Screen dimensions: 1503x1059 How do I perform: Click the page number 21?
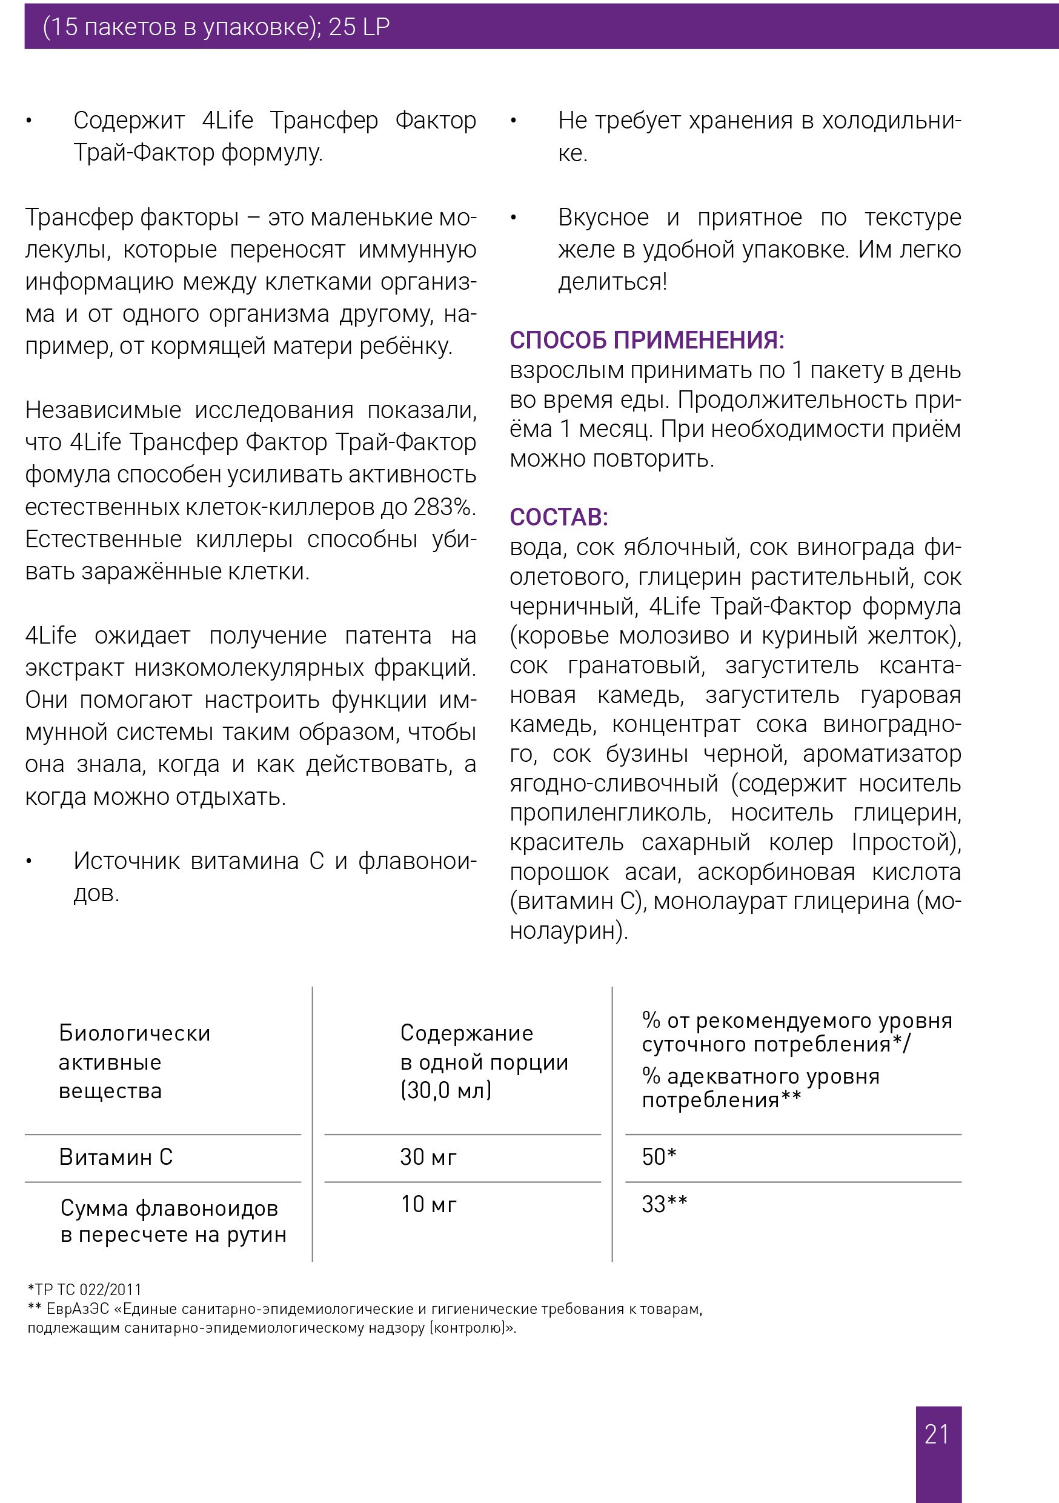pyautogui.click(x=937, y=1435)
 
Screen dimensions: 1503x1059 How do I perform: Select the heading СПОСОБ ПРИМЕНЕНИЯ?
pyautogui.click(x=646, y=341)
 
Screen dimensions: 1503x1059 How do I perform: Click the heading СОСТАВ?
pyautogui.click(x=559, y=517)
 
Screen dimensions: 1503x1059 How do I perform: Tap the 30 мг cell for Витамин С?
pyautogui.click(x=428, y=1157)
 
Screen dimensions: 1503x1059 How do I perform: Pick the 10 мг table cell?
pyautogui.click(x=428, y=1204)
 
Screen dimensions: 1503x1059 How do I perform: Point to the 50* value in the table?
pyautogui.click(x=659, y=1157)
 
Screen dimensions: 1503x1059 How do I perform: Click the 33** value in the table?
pyautogui.click(x=663, y=1204)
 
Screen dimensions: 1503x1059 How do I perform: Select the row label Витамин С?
pyautogui.click(x=115, y=1157)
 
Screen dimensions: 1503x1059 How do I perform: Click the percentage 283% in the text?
pyautogui.click(x=443, y=507)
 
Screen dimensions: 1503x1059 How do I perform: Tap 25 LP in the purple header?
pyautogui.click(x=359, y=27)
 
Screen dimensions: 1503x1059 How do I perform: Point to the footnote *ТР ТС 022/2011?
pyautogui.click(x=84, y=1290)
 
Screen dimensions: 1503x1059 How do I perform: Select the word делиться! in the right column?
pyautogui.click(x=612, y=282)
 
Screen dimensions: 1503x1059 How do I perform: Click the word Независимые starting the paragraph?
pyautogui.click(x=103, y=410)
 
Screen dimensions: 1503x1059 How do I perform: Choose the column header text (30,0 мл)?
pyautogui.click(x=445, y=1090)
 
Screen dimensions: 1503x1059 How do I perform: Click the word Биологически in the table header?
pyautogui.click(x=134, y=1033)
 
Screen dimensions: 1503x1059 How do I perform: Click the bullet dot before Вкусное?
pyautogui.click(x=514, y=218)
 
